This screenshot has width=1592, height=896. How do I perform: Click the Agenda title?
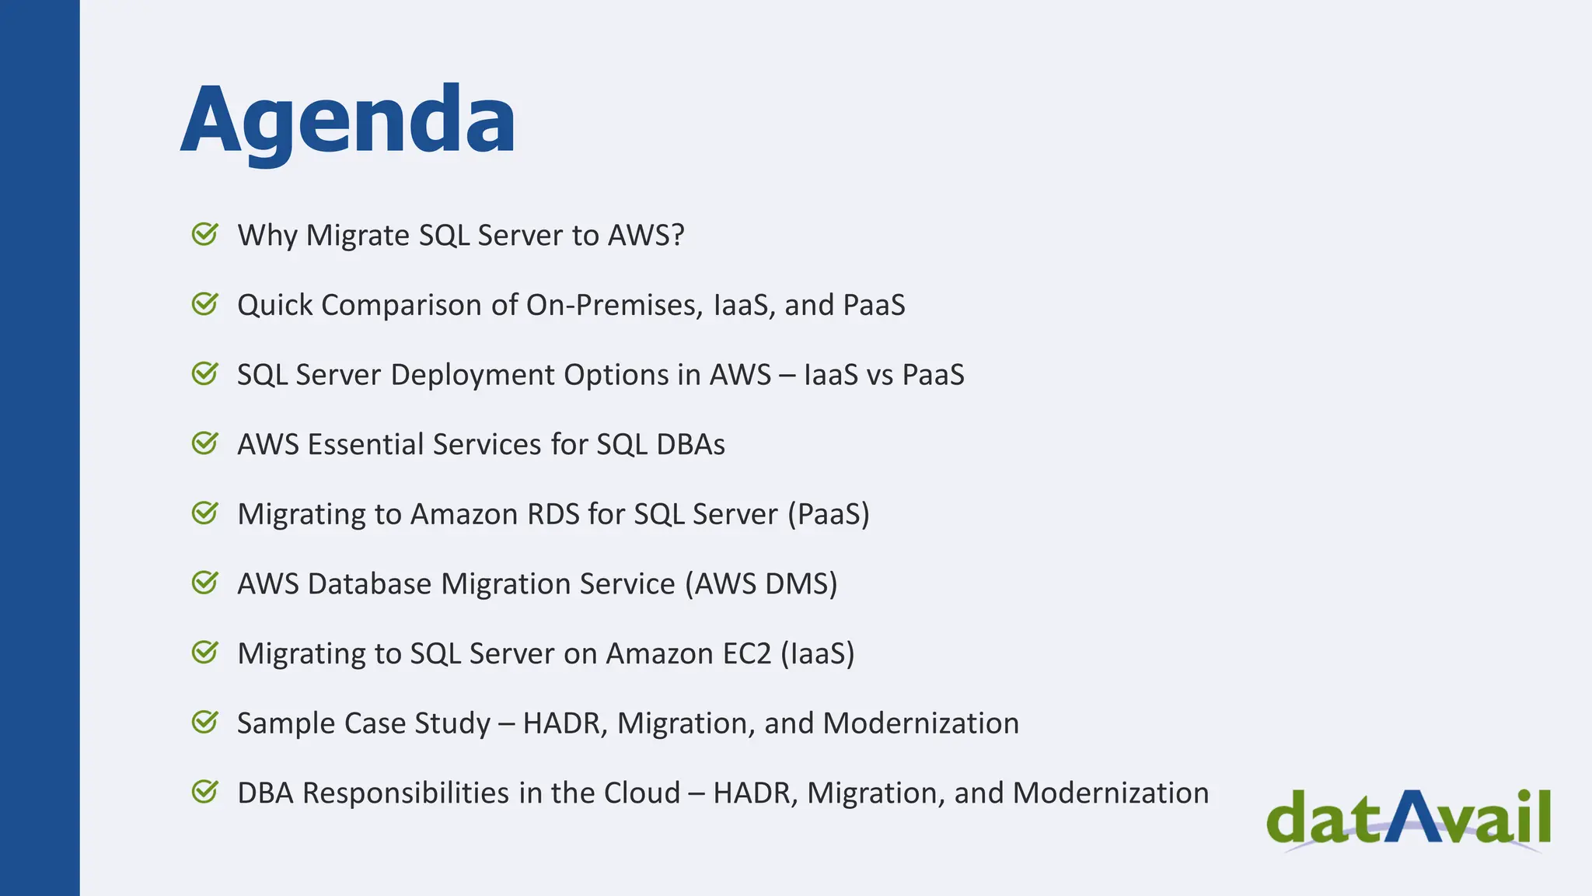(347, 121)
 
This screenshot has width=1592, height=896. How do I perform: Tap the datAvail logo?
(1408, 819)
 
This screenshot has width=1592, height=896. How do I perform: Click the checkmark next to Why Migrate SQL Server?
(205, 234)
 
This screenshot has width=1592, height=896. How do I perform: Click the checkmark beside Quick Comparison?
(205, 304)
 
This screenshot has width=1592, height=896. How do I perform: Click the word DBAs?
(690, 444)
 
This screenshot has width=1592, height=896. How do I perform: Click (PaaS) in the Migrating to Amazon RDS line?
(828, 514)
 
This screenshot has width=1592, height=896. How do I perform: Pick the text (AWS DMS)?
(761, 584)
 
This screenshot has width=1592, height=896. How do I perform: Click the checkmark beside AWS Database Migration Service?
(205, 583)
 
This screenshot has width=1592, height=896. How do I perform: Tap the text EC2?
(746, 653)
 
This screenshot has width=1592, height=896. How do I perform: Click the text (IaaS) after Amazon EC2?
(817, 653)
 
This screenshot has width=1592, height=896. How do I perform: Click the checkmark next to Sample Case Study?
(205, 723)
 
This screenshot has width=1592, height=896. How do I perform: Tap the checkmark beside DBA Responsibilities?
(205, 793)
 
